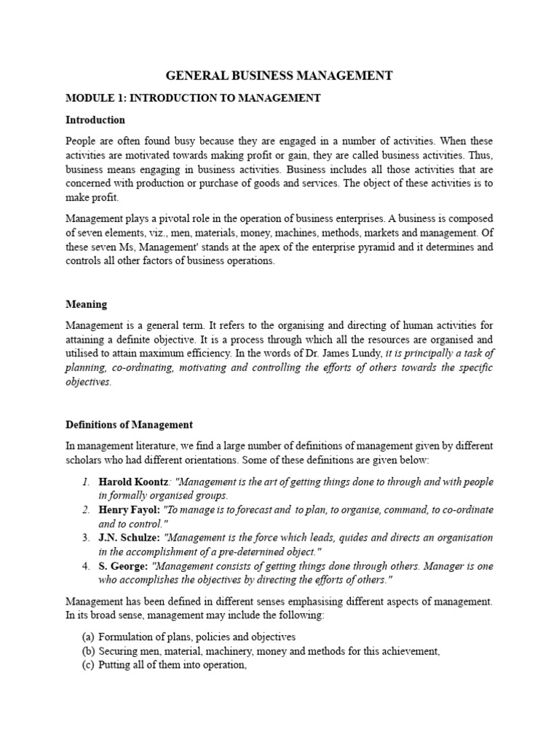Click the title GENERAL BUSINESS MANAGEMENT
click(279, 76)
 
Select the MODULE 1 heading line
click(193, 98)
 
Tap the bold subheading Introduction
click(95, 120)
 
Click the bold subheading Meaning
click(86, 304)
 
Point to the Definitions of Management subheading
click(129, 424)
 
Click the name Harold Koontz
click(133, 482)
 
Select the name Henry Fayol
click(129, 510)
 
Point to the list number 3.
click(86, 538)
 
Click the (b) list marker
click(87, 651)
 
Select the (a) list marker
click(87, 637)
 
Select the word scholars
click(84, 461)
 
